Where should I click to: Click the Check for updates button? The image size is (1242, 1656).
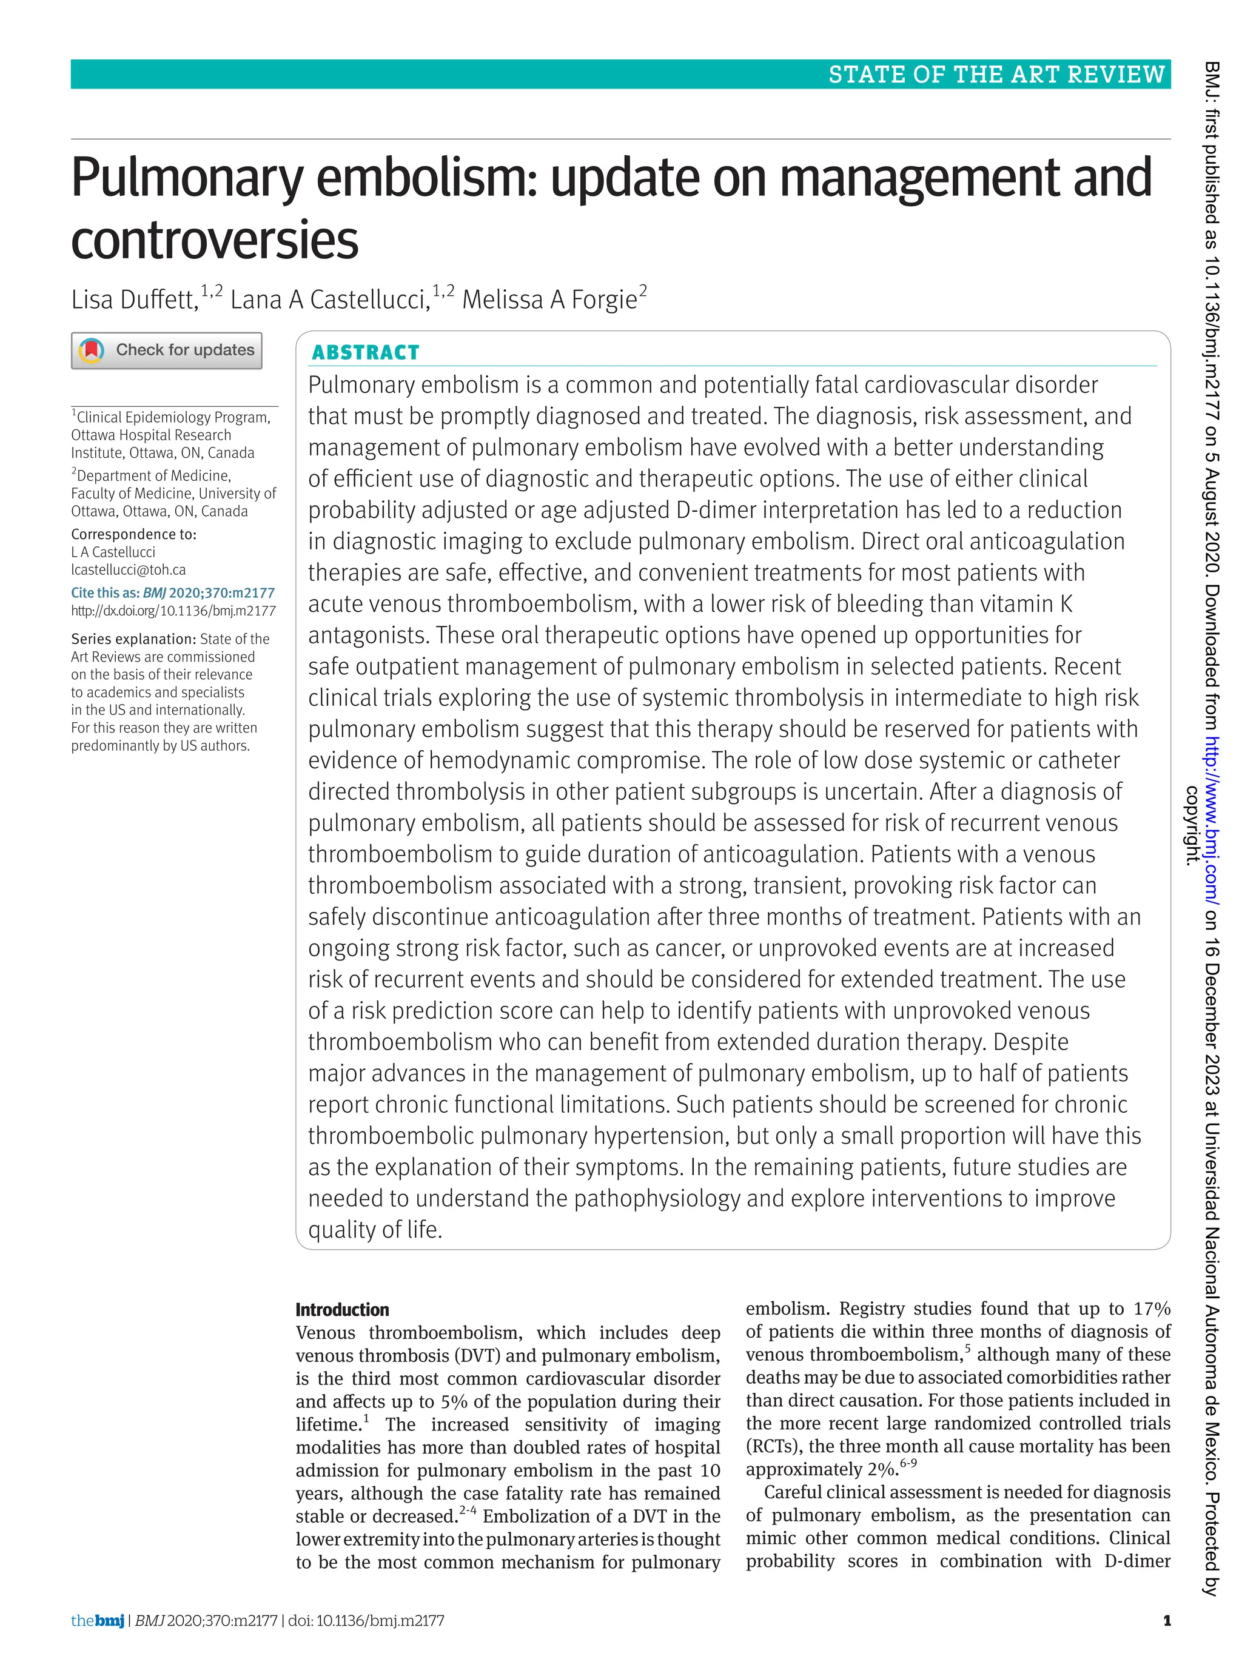(x=166, y=350)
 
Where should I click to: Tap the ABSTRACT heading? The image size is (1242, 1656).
(x=365, y=353)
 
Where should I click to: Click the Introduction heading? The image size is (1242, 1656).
(x=342, y=1309)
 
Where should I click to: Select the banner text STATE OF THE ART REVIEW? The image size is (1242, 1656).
(x=996, y=75)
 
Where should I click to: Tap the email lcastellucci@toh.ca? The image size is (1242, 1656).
(x=128, y=570)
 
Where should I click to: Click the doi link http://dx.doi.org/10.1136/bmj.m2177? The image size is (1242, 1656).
(x=173, y=611)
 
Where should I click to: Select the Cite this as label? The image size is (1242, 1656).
(x=105, y=593)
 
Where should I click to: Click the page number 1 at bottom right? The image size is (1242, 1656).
(x=1166, y=1621)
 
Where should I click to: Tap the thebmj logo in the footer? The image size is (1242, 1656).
(x=97, y=1621)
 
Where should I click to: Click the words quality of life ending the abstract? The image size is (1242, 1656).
(x=375, y=1230)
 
